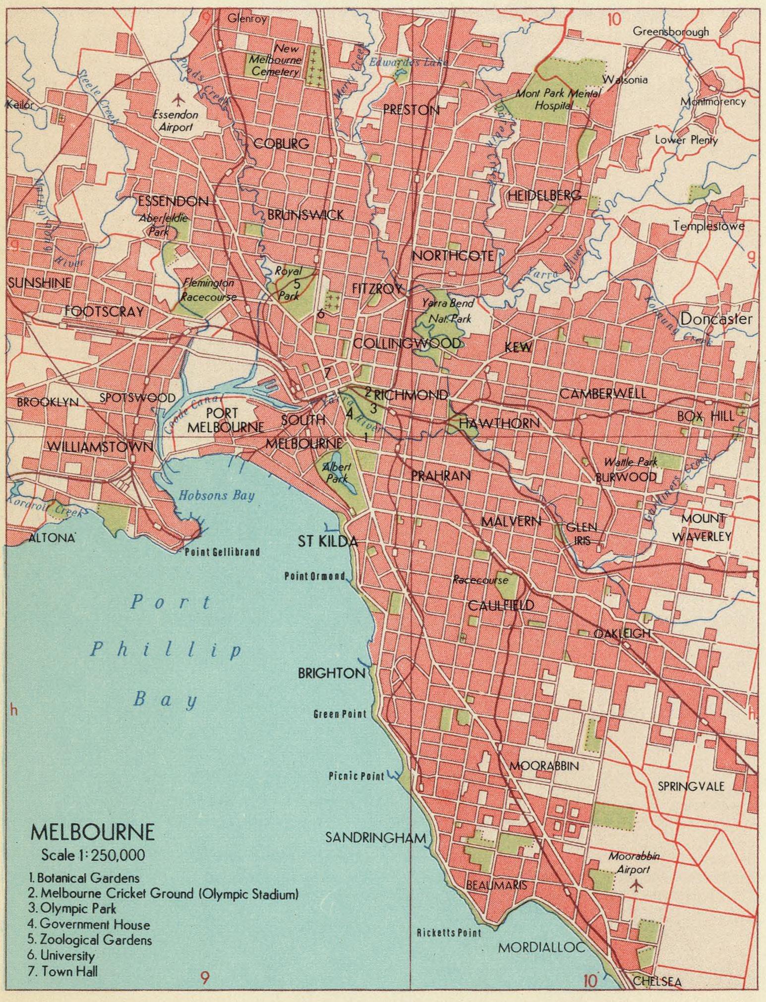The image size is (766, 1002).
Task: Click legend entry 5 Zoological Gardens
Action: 90,940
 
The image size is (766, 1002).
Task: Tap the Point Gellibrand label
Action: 222,552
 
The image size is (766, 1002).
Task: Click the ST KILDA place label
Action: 327,541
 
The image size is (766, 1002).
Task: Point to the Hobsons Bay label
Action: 216,495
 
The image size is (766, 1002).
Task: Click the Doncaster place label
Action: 716,319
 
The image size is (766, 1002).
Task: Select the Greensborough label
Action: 670,32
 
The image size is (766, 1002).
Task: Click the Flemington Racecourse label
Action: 208,290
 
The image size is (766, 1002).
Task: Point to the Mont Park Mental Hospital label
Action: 557,99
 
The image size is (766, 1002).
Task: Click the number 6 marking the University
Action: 321,313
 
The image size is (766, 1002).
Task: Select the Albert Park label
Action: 337,472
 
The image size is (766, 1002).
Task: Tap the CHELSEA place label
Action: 657,981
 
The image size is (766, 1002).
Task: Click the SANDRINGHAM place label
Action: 375,837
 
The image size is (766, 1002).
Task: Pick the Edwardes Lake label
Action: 408,62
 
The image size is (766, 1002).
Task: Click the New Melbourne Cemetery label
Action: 276,60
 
